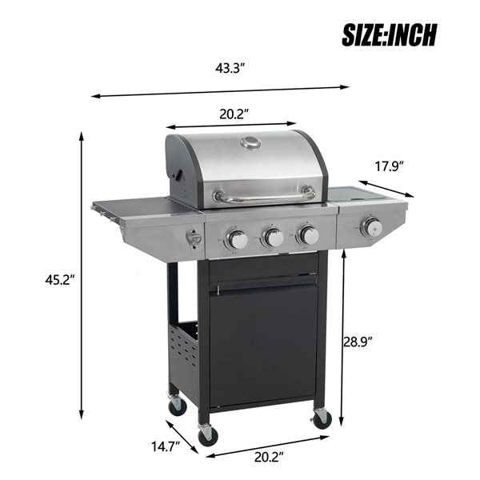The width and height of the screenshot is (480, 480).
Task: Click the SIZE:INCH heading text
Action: tap(390, 34)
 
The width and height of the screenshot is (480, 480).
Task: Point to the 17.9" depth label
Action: tap(389, 166)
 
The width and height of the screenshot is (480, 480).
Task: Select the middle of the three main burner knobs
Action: tap(273, 237)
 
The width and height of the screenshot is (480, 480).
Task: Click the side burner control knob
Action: tap(370, 227)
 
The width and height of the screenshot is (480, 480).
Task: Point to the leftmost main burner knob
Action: tap(236, 238)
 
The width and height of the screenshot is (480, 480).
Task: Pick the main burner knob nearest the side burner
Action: tap(308, 234)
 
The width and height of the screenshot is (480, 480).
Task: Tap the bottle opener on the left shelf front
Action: tap(193, 238)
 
